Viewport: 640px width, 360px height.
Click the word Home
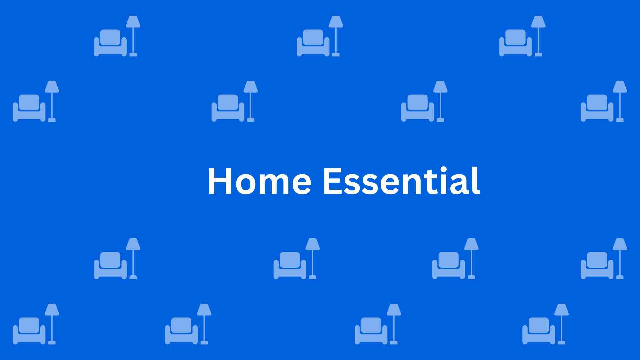pos(259,181)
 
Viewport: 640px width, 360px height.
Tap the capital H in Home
pos(220,181)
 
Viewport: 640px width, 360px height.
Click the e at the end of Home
pos(301,184)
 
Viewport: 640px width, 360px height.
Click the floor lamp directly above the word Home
pos(250,101)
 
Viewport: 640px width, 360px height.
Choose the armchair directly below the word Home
pos(290,265)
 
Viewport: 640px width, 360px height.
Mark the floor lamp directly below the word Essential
pos(471,259)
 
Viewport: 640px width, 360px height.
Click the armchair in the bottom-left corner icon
pos(29,331)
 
